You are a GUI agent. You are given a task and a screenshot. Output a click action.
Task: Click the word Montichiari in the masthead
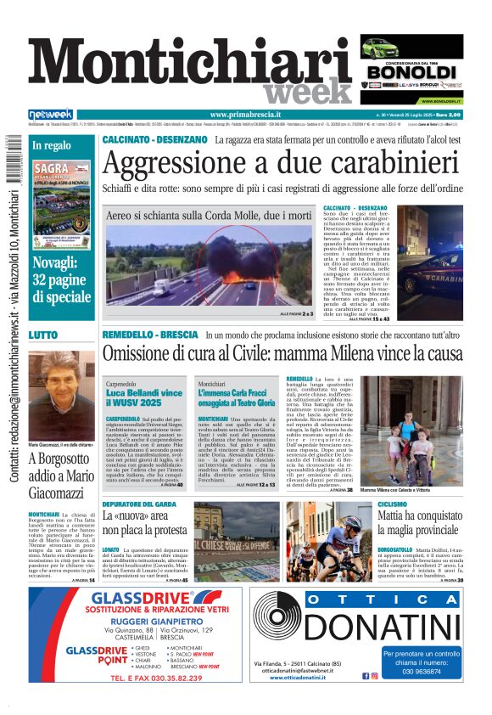(178, 66)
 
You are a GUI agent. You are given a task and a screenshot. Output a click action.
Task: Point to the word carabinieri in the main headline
(374, 163)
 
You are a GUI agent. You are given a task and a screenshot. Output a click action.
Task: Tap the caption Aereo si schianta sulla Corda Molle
(209, 217)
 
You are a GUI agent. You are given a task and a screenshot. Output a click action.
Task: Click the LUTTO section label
(44, 335)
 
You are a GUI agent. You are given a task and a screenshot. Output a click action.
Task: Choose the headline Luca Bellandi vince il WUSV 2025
(143, 395)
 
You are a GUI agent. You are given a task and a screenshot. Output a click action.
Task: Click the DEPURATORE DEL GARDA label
(139, 504)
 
